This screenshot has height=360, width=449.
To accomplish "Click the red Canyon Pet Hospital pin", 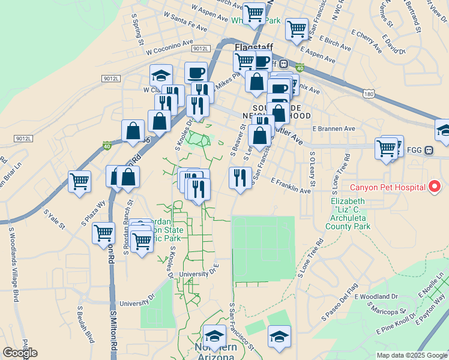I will (x=435, y=187).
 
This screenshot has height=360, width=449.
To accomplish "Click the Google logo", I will (x=20, y=352).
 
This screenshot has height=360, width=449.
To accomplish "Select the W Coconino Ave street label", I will (x=169, y=46).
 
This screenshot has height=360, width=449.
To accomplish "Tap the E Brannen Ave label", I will (x=334, y=128).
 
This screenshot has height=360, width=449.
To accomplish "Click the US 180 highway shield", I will (x=369, y=94).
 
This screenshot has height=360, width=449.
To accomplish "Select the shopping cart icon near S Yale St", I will (x=79, y=180).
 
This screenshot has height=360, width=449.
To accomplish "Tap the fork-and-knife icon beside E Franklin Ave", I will (x=239, y=178).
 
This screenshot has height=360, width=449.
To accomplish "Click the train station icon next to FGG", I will (x=429, y=150).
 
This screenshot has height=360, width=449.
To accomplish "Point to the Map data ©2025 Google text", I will (x=412, y=355).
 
